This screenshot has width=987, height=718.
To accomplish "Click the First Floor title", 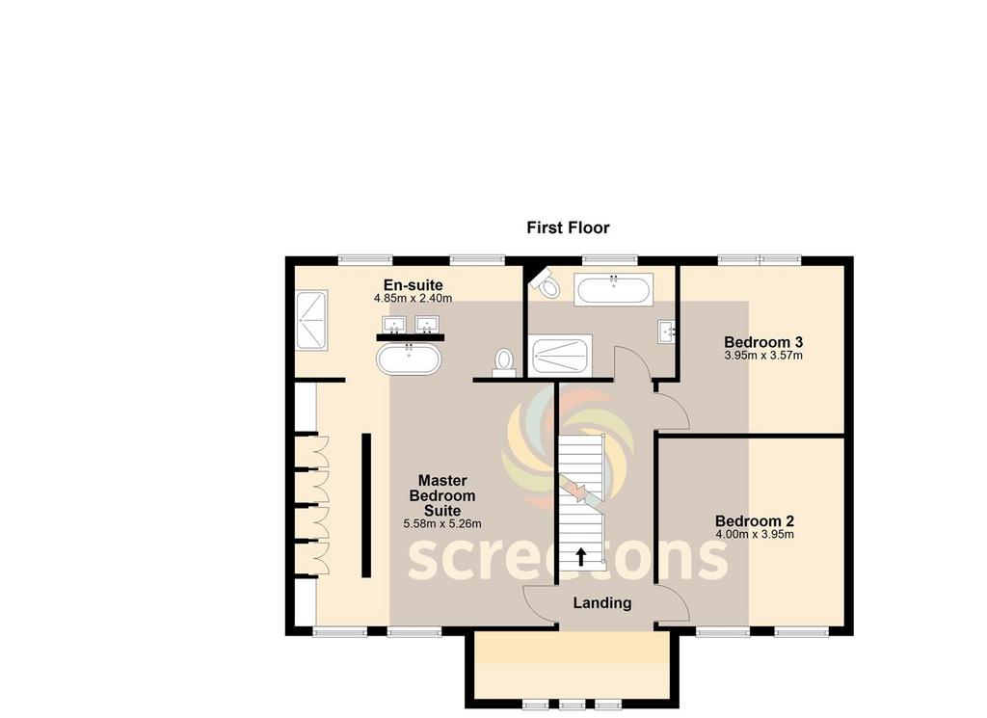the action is (568, 227).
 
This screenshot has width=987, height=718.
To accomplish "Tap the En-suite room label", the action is (413, 285).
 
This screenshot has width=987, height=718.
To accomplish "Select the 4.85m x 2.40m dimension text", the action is (413, 298).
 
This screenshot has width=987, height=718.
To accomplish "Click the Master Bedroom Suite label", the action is (441, 496).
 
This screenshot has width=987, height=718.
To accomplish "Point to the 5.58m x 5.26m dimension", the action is (441, 523).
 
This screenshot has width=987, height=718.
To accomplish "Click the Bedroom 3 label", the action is (763, 342).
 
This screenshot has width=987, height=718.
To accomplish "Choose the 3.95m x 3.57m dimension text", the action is (763, 356).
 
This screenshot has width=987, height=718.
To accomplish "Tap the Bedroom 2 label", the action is (754, 521).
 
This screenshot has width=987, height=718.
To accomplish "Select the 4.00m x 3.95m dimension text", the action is (754, 535).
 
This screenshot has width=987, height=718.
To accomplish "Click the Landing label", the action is (601, 603).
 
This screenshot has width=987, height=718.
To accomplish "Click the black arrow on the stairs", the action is (581, 556).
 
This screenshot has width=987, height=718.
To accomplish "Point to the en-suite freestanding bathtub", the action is (409, 359).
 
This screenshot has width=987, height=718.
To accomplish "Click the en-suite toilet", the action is (503, 362).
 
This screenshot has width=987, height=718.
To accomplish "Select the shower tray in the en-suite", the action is (311, 320).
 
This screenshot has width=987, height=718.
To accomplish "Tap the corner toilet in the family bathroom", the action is (546, 284).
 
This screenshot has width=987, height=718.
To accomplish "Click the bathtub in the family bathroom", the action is (613, 289).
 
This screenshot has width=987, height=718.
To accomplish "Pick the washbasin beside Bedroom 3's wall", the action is (667, 331).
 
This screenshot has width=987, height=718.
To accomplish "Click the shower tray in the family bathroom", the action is (562, 356).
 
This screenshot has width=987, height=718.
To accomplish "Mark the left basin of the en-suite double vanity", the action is (394, 325).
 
